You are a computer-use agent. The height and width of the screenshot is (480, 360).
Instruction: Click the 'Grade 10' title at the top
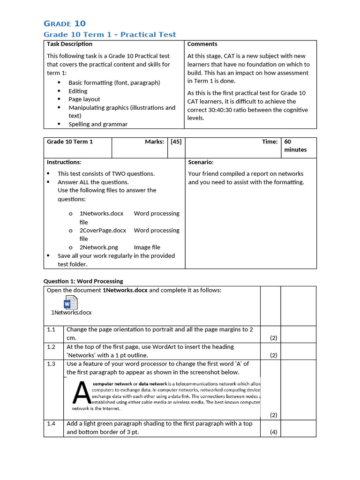coord(65,23)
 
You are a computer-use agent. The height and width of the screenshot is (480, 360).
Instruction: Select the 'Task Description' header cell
coord(69,44)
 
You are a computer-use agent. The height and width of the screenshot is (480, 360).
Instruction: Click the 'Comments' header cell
coord(202,44)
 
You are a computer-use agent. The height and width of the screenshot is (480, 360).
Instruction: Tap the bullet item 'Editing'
coord(78,91)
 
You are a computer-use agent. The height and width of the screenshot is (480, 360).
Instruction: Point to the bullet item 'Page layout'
coord(84,99)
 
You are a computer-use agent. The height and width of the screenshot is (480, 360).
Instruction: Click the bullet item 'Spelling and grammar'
coord(98,124)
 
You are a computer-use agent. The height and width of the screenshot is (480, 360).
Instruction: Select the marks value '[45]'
coord(176,142)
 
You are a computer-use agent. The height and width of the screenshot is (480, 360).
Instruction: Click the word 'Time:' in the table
coord(270,142)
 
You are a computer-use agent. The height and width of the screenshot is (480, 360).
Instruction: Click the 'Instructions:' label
coord(64,162)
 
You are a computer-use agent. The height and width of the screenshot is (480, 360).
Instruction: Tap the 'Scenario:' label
coord(201,162)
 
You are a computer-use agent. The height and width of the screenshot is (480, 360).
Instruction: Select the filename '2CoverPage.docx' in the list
coord(103,231)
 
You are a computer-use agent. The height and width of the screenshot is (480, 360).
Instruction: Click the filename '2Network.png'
coord(98,247)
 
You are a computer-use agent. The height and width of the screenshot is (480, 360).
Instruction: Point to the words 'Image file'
coord(147,247)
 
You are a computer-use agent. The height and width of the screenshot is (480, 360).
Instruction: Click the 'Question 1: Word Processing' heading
coord(83,281)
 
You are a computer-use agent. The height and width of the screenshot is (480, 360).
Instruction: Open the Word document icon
coord(70,303)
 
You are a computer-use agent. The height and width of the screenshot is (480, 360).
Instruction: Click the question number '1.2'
coord(51,347)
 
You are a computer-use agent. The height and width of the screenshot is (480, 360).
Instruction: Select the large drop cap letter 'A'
coord(81,393)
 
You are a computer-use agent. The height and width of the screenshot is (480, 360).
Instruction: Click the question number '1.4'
coord(51,424)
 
